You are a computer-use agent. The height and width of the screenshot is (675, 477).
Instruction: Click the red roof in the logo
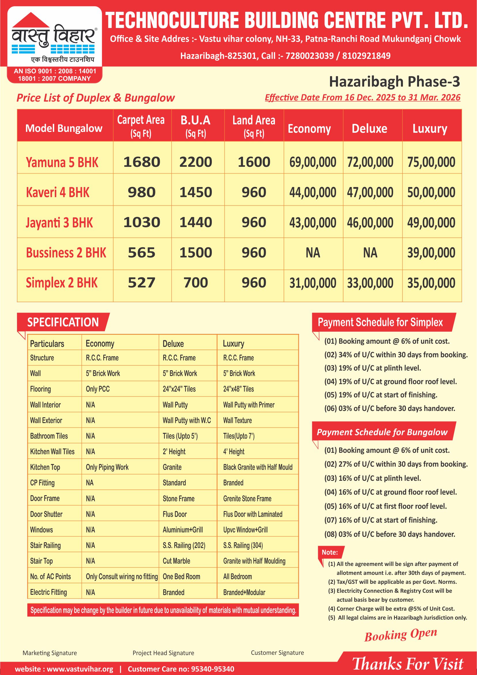pyautogui.click(x=31, y=20)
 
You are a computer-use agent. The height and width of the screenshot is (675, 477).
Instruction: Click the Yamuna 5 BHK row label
pyautogui.click(x=62, y=162)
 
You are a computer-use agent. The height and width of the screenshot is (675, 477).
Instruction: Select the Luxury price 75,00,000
pyautogui.click(x=431, y=162)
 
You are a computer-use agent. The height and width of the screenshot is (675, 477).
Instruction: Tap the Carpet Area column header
pyautogui.click(x=141, y=126)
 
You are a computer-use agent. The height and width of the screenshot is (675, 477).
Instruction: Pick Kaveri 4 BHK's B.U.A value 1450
pyautogui.click(x=196, y=192)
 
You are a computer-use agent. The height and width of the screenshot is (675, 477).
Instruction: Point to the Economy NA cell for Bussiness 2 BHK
pyautogui.click(x=313, y=253)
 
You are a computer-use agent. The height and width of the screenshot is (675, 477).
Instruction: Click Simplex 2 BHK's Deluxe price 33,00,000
pyautogui.click(x=370, y=283)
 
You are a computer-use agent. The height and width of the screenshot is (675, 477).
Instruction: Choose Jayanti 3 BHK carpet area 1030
pyautogui.click(x=142, y=222)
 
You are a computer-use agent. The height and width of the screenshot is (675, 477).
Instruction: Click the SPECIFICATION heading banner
pyautogui.click(x=63, y=322)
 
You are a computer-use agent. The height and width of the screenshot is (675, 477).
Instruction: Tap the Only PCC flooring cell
pyautogui.click(x=98, y=389)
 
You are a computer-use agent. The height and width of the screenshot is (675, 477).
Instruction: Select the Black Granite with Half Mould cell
pyautogui.click(x=258, y=467)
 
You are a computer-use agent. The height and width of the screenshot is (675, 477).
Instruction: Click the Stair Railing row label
pyautogui.click(x=45, y=545)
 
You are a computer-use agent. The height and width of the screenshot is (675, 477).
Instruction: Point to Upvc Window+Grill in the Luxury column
pyautogui.click(x=245, y=530)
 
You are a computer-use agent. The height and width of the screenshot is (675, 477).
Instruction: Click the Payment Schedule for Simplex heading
pyautogui.click(x=380, y=322)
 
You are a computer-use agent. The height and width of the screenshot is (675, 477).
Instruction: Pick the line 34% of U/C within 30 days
pyautogui.click(x=396, y=355)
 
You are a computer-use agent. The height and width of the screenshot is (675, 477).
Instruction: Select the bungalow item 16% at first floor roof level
pyautogui.click(x=385, y=506)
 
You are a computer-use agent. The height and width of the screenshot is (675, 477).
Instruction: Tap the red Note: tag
pyautogui.click(x=329, y=552)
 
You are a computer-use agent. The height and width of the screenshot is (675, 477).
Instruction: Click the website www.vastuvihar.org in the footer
pyautogui.click(x=64, y=669)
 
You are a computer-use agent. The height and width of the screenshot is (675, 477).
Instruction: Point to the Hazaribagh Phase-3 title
pyautogui.click(x=394, y=81)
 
